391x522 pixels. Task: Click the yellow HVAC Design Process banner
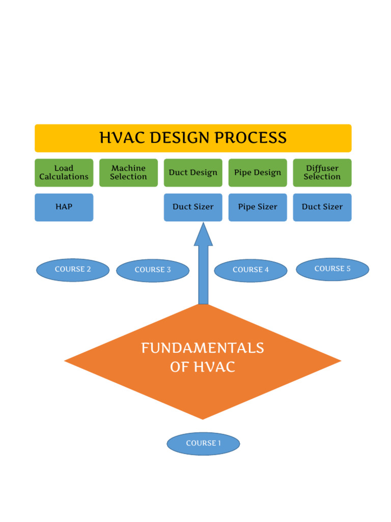[x=193, y=138]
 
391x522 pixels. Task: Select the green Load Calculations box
[x=64, y=172]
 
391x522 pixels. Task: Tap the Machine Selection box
[x=128, y=172]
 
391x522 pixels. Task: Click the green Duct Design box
[x=193, y=172]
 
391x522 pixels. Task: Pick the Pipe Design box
[x=258, y=172]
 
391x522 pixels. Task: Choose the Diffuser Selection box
[x=322, y=172]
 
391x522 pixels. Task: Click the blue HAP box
[x=64, y=207]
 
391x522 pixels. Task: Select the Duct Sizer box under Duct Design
[x=193, y=207]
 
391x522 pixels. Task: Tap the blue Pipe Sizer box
[x=258, y=207]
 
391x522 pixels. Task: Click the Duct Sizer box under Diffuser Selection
[x=322, y=207]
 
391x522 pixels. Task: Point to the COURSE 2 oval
[x=73, y=270]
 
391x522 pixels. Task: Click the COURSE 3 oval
[x=153, y=270]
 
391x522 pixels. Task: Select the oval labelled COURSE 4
[x=250, y=270]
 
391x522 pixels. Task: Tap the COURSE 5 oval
[x=332, y=269]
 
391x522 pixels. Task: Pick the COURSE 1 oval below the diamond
[x=203, y=443]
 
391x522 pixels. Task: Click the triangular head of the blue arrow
[x=203, y=236]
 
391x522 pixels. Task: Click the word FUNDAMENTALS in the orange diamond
[x=203, y=349]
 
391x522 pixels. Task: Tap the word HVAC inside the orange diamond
[x=215, y=367]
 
